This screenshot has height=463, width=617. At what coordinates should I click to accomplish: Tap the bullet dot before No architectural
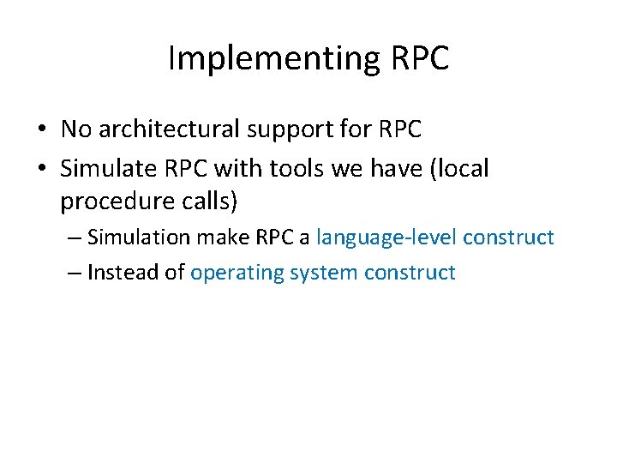[41, 129]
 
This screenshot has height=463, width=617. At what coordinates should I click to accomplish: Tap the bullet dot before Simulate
[41, 169]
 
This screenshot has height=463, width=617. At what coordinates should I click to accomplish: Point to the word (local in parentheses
[456, 169]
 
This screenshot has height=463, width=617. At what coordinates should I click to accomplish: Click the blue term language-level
[386, 238]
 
